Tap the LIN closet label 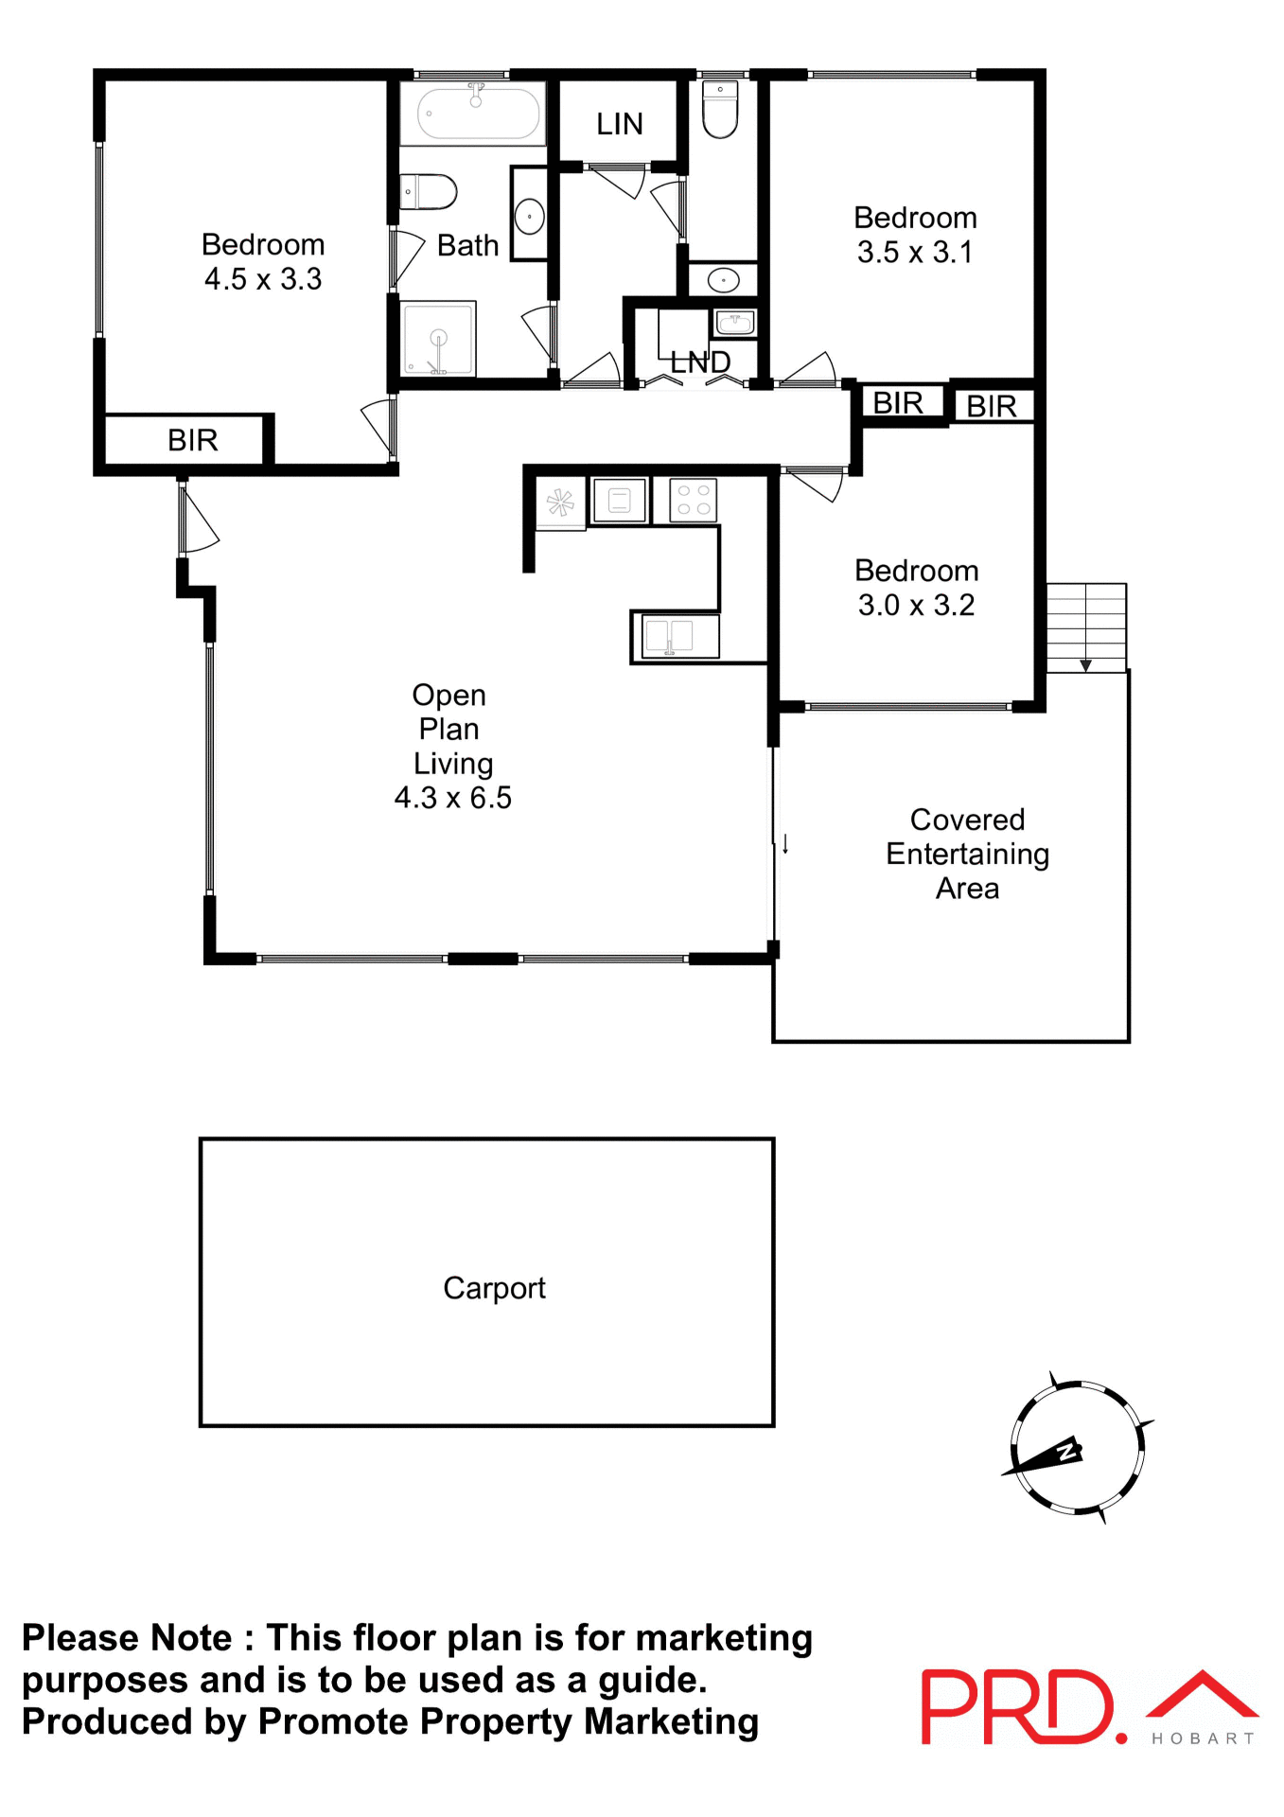tap(619, 124)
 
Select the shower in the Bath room tap(438, 339)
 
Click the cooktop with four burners tap(694, 500)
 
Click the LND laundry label tap(700, 362)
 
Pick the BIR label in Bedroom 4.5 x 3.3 tap(192, 440)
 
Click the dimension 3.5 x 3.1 tap(914, 253)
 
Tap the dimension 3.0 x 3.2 tap(915, 606)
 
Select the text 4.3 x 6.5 tap(452, 798)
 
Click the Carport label tap(494, 1288)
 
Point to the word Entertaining tap(967, 854)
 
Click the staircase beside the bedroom tap(1085, 626)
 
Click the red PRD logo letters tap(1017, 1707)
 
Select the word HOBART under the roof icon tap(1202, 1738)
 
